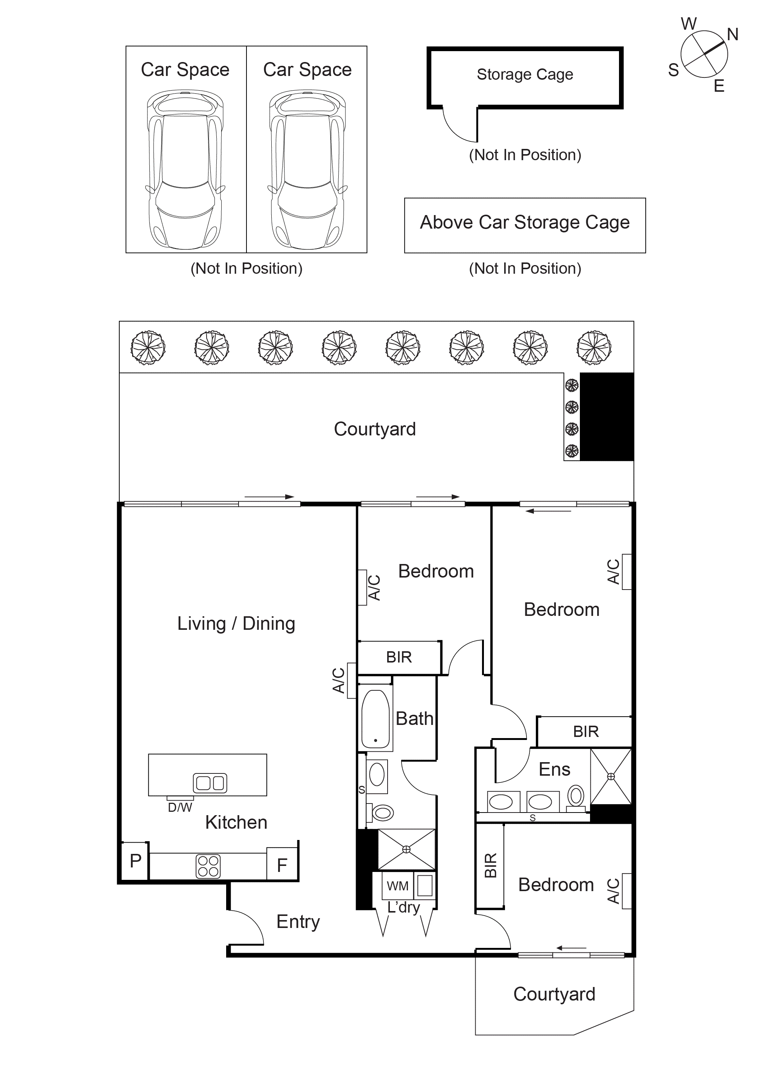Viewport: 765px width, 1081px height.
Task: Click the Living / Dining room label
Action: tap(236, 624)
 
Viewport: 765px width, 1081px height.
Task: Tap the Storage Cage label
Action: tap(525, 74)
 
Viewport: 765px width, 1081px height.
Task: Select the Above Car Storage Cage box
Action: tap(525, 225)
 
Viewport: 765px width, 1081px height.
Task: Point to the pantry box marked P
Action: tap(135, 861)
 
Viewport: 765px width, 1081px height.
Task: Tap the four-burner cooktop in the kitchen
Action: tap(208, 866)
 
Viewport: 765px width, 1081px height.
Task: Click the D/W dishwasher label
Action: tap(180, 808)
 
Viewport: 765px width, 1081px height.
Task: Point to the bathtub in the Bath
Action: tap(376, 719)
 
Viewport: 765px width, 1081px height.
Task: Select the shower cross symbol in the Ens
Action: tap(611, 776)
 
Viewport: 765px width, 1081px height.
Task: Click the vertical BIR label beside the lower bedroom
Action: tap(490, 866)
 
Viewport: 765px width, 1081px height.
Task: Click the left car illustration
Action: tap(185, 170)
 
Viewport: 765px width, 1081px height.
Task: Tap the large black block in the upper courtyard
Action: tap(607, 417)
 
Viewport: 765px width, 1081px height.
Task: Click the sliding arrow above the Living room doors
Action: tap(269, 497)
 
